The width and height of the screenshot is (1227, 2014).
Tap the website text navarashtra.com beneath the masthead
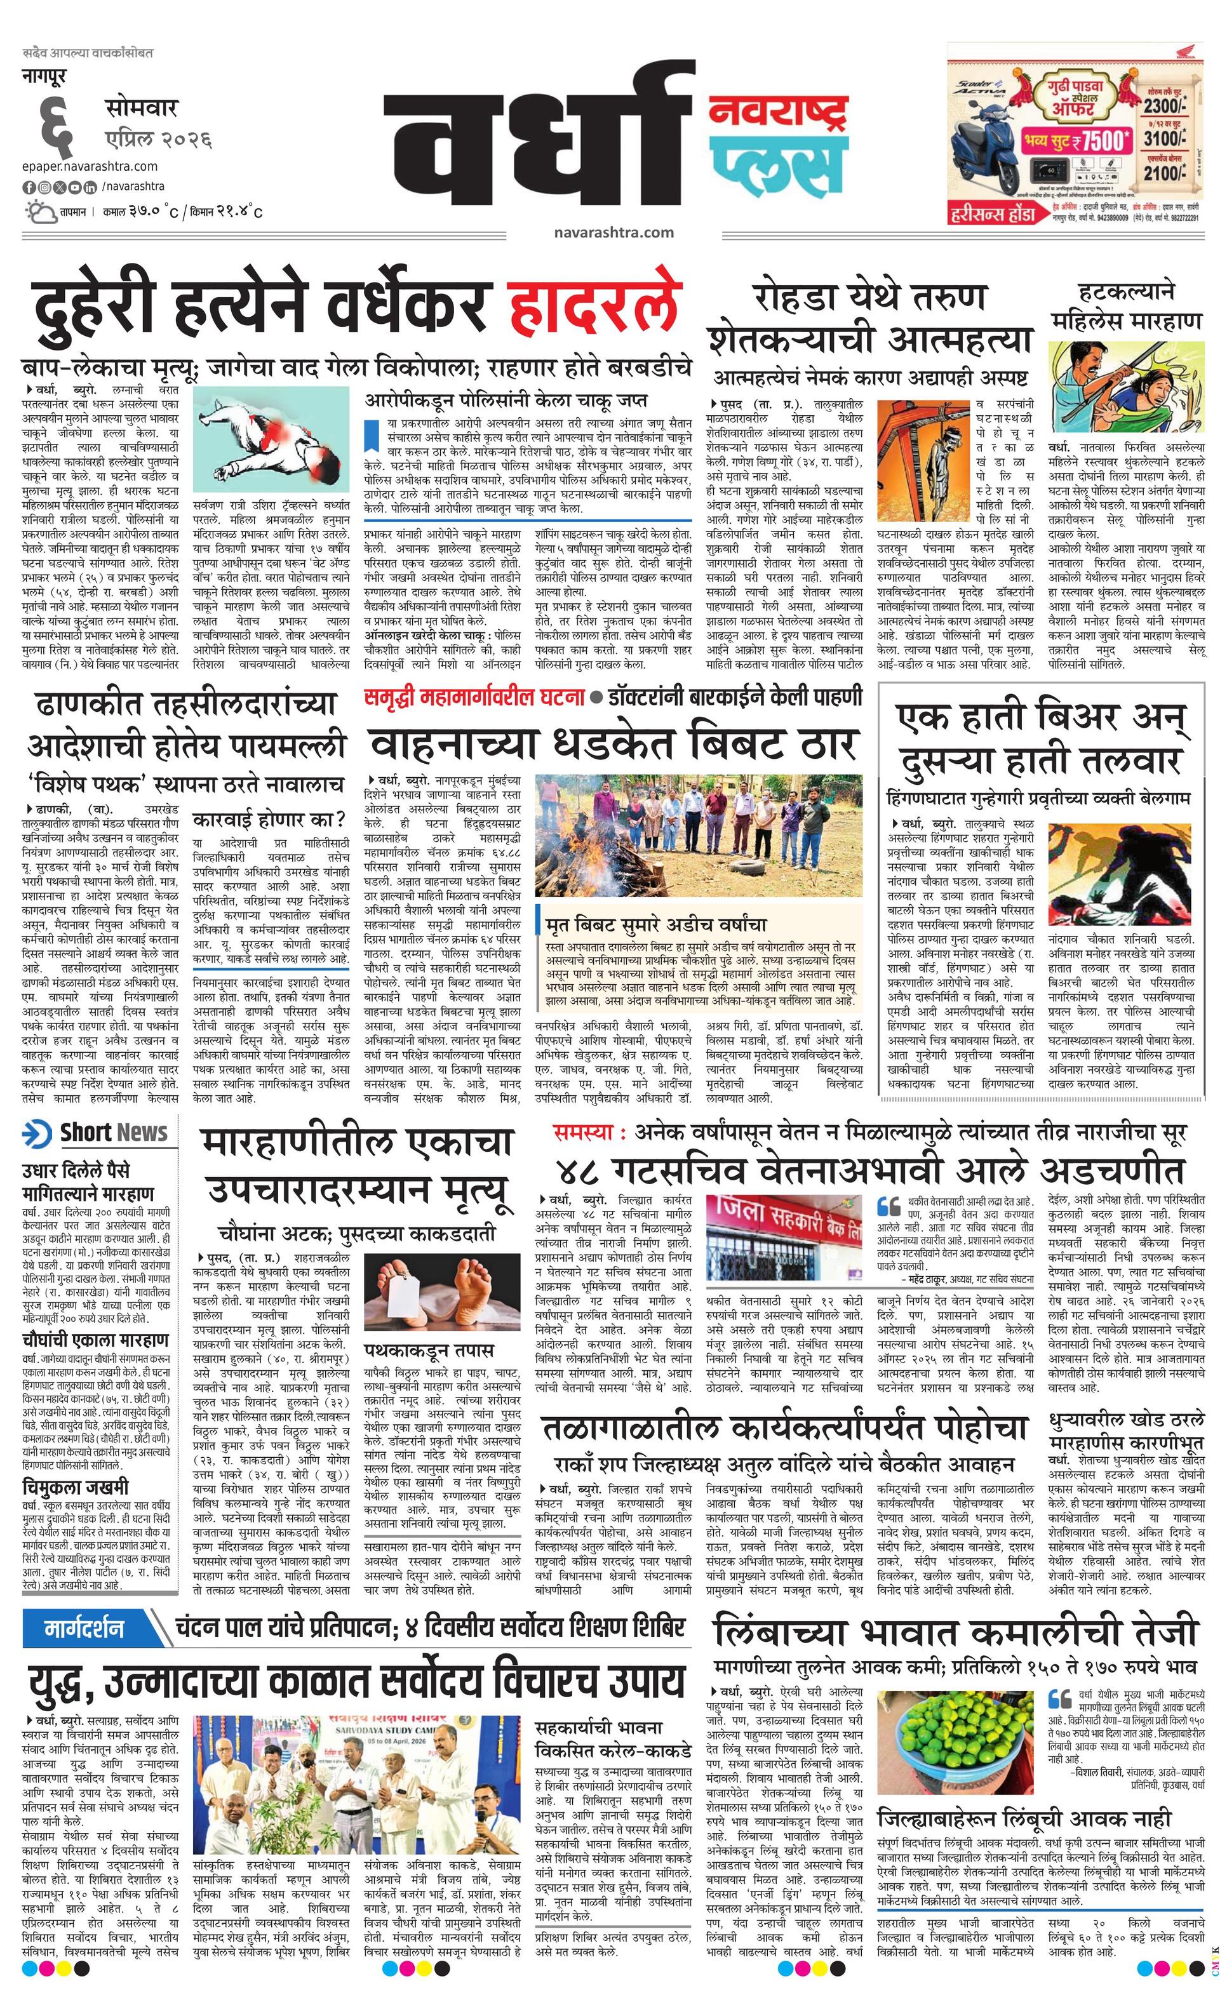pyautogui.click(x=613, y=232)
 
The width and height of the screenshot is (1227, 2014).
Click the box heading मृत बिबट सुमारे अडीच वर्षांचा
pyautogui.click(x=657, y=924)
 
